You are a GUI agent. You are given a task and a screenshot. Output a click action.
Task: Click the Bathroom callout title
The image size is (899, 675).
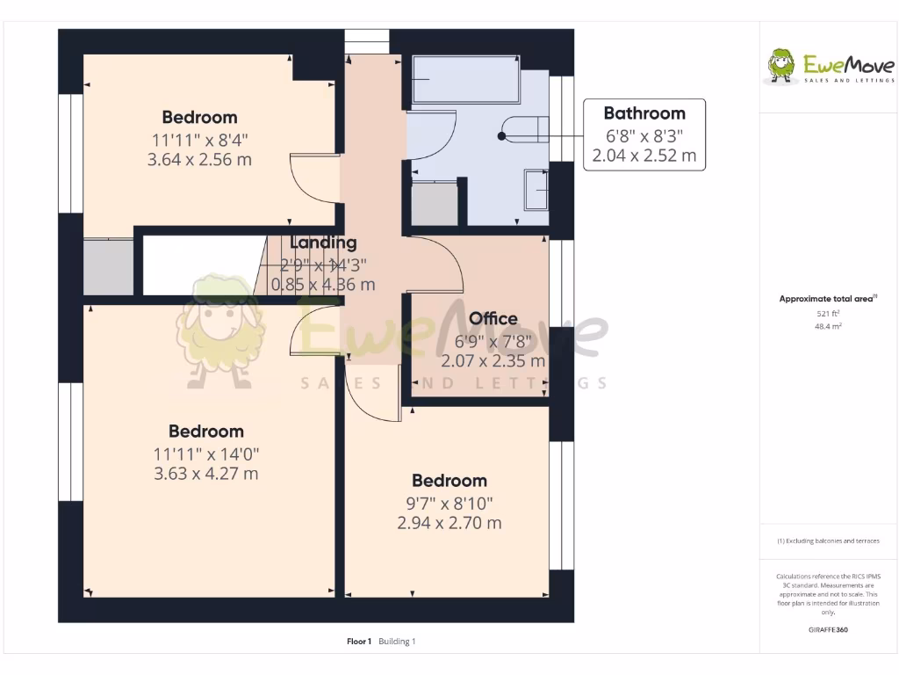[x=644, y=113]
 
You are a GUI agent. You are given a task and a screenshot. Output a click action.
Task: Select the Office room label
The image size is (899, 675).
[x=493, y=318]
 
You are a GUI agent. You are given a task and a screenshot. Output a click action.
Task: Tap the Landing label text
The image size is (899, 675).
[x=323, y=243]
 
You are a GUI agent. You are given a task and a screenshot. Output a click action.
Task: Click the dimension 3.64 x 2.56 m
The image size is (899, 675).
[x=199, y=160]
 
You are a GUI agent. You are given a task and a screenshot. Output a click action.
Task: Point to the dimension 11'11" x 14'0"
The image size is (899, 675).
[x=205, y=454]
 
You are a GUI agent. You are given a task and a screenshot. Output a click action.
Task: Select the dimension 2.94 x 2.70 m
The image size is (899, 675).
[x=449, y=523]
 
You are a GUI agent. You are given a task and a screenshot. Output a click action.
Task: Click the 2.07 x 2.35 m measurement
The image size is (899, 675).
[x=493, y=360]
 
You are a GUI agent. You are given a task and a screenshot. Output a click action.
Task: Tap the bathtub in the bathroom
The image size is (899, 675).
[x=465, y=81]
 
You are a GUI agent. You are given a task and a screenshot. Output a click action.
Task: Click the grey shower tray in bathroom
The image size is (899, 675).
[x=434, y=204]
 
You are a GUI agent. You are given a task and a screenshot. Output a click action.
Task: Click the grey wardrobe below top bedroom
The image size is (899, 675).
[x=108, y=266]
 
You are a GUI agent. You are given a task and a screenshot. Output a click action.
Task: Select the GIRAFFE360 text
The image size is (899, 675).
[x=828, y=630]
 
